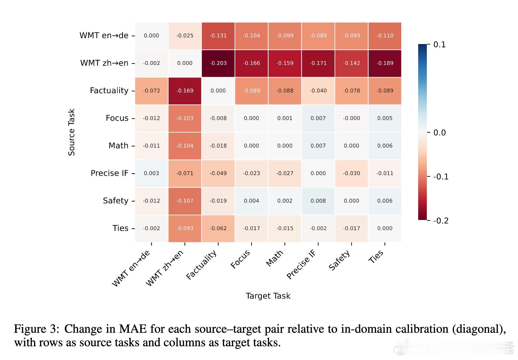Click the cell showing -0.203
(218, 63)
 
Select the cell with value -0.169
(185, 91)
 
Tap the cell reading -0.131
(218, 36)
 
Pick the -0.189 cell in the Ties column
(385, 63)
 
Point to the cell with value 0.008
(318, 201)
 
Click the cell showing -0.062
(218, 228)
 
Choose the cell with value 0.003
(151, 173)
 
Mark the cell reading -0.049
(218, 173)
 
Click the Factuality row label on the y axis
(109, 91)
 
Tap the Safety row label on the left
(116, 201)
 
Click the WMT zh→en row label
(104, 63)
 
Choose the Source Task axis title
(72, 132)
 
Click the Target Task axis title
(268, 296)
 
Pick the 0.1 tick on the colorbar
(440, 45)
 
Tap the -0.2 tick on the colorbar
(441, 220)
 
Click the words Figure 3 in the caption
(36, 329)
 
